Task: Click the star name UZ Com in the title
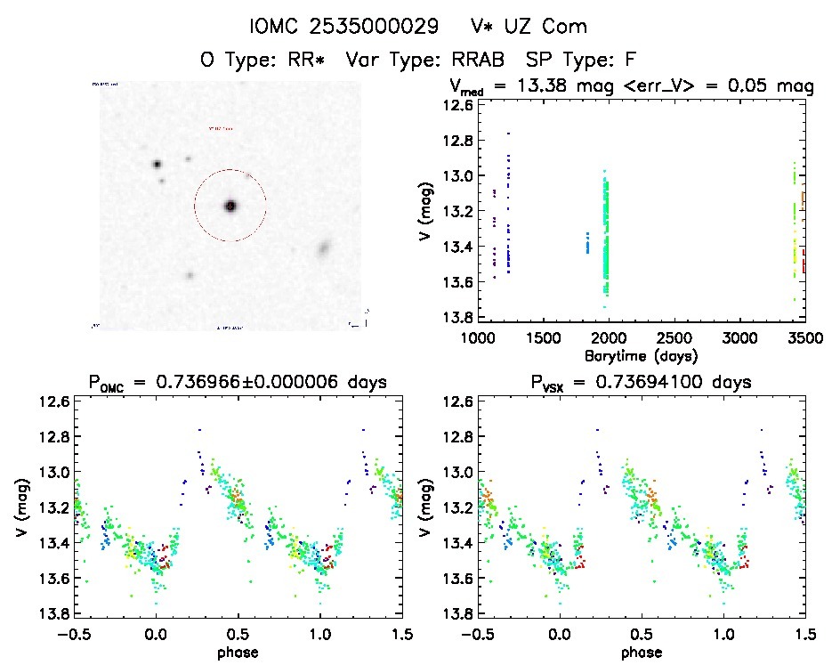click(x=542, y=27)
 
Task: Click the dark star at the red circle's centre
click(x=230, y=206)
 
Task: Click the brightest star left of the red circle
click(x=157, y=164)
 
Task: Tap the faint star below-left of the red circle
click(x=190, y=275)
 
